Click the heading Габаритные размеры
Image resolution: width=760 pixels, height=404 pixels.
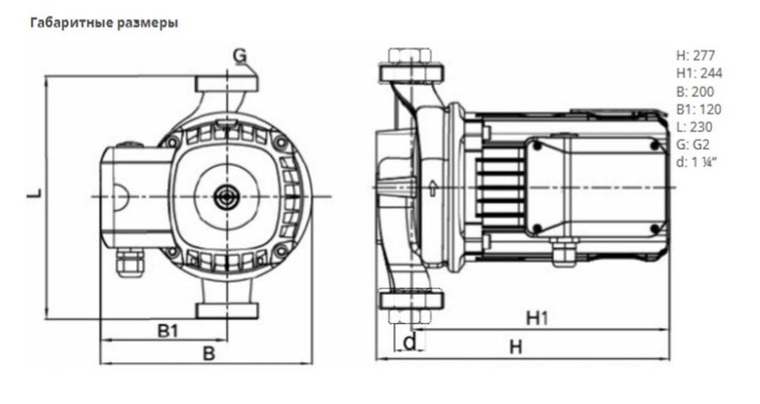(x=104, y=24)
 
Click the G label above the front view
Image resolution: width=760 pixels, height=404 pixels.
(x=240, y=55)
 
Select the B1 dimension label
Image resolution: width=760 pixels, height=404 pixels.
(x=168, y=330)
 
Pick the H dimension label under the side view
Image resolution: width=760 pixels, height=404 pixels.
(x=516, y=347)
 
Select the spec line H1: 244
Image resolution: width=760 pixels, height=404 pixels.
(x=698, y=74)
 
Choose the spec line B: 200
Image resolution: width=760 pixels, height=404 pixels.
(x=695, y=91)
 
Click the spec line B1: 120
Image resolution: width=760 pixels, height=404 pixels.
(x=698, y=109)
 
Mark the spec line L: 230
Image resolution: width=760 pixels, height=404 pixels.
(x=695, y=127)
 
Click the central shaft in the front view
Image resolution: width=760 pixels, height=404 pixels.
(x=226, y=195)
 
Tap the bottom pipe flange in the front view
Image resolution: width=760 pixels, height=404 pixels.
(x=226, y=309)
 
